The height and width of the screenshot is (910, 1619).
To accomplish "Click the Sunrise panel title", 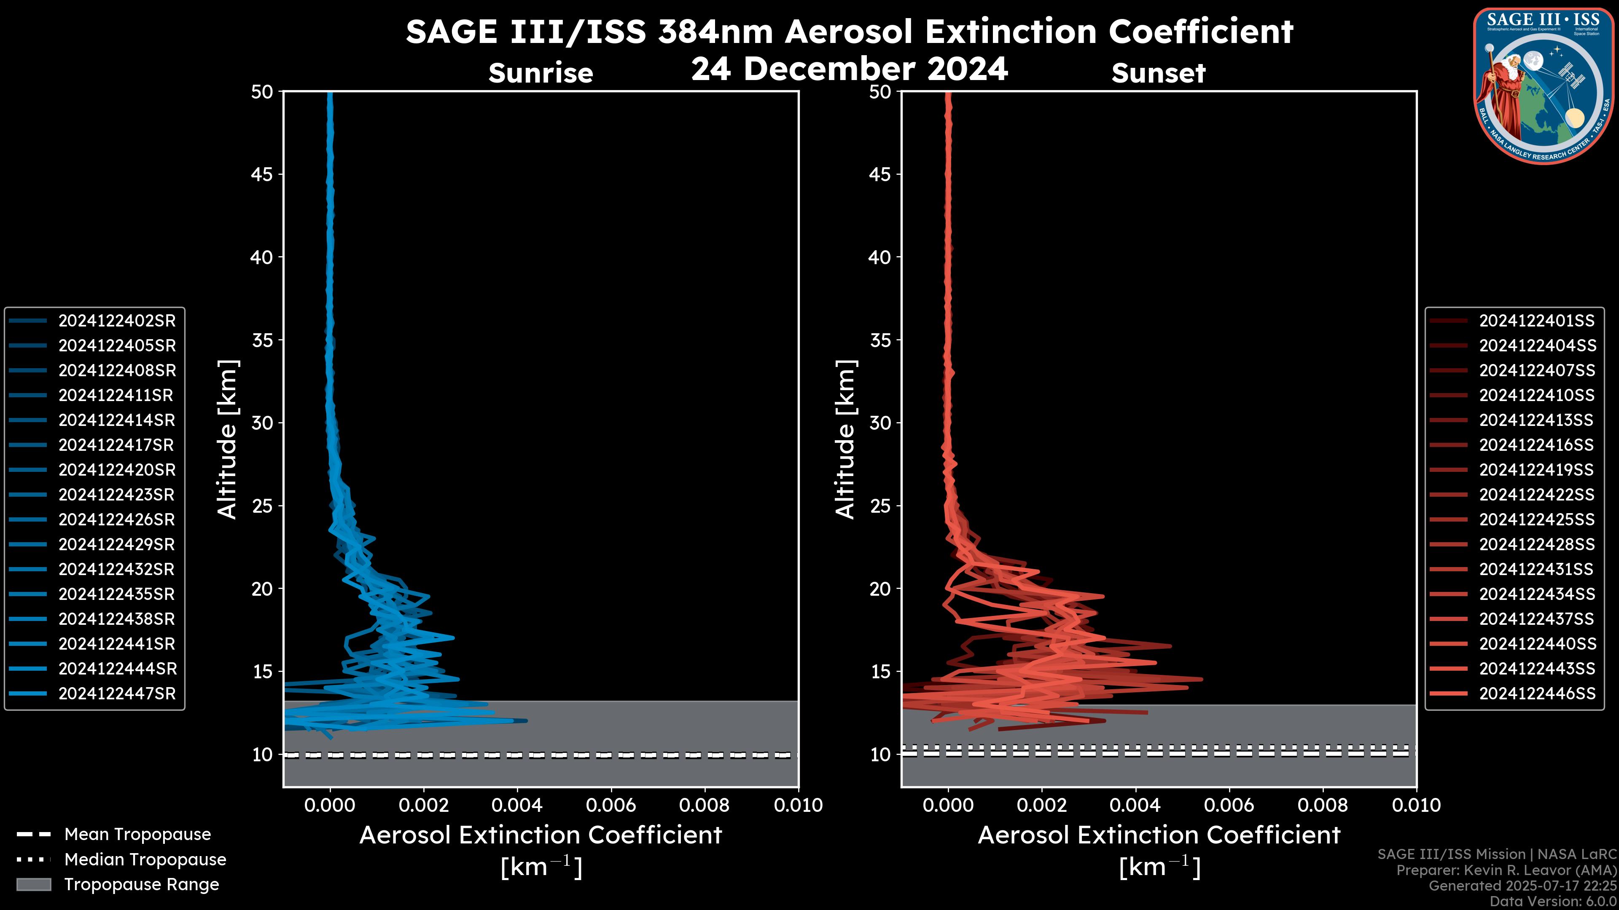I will click(541, 73).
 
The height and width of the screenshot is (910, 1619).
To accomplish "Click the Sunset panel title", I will click(1158, 73).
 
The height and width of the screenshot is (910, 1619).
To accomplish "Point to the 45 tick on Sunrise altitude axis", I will click(262, 174).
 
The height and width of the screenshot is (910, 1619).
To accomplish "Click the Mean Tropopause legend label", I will click(137, 835).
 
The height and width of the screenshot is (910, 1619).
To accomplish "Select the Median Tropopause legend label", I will click(145, 860).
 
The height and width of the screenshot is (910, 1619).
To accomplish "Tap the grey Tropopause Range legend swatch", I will click(34, 885).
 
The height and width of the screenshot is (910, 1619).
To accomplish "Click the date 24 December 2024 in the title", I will click(850, 69).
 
